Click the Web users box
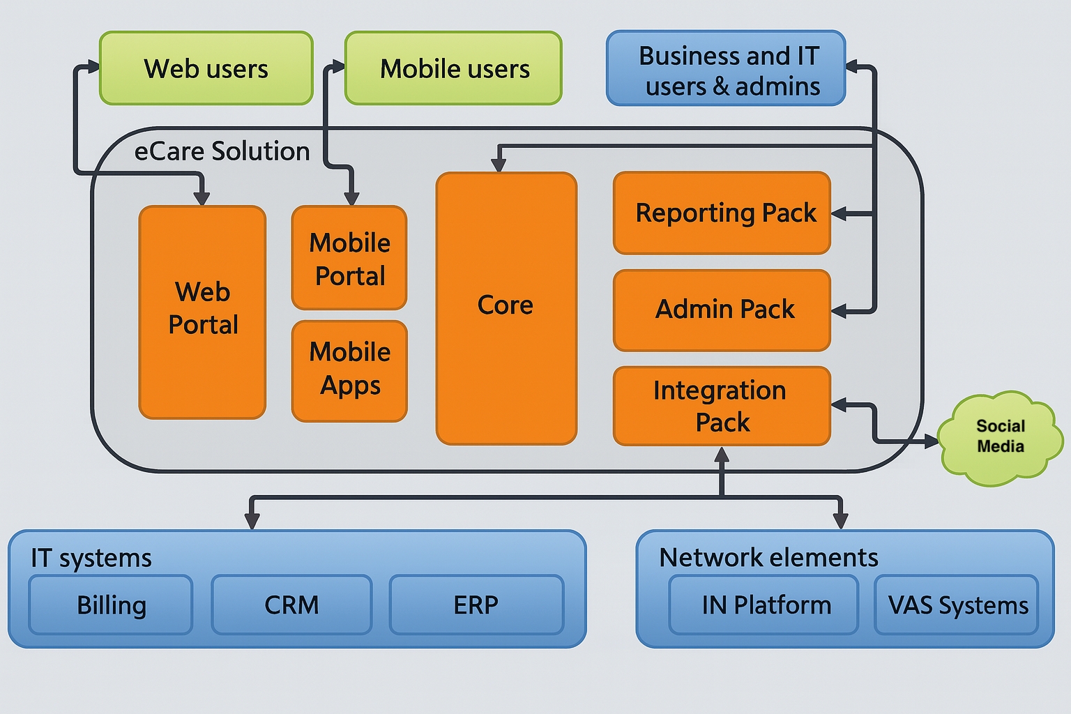[x=206, y=68]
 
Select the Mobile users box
[x=453, y=68]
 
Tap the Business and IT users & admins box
[x=726, y=69]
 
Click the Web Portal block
[x=202, y=312]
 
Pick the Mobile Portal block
[x=349, y=258]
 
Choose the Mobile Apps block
[x=349, y=371]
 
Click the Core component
[x=506, y=307]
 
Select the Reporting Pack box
[x=722, y=213]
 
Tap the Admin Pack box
[x=722, y=310]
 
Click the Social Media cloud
[x=1000, y=437]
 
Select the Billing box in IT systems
[x=111, y=605]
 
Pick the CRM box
[x=291, y=605]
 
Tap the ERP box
[x=476, y=605]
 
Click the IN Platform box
[x=764, y=605]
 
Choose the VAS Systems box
[x=957, y=605]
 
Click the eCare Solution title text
[x=222, y=151]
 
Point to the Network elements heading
[x=768, y=557]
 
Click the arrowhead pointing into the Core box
[x=499, y=165]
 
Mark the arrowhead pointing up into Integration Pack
[x=722, y=455]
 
